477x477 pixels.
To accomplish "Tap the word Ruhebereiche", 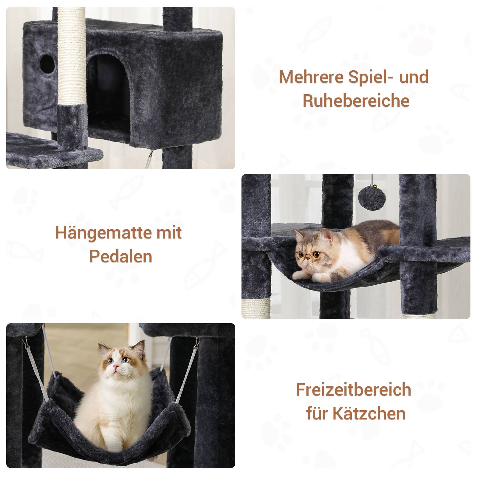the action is point(356,100).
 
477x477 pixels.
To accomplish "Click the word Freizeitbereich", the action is point(354,390).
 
